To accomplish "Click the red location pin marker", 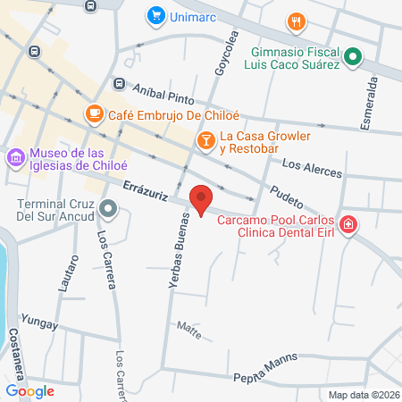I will coord(201,199).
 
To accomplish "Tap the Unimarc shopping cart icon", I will coord(156,15).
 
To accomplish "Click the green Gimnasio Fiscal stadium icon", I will coord(353,58).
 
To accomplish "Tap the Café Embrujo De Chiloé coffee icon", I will coord(93,113).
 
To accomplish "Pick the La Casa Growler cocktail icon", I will coord(205,139).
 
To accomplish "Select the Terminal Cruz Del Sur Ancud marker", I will coord(109,211).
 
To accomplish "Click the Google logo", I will coord(30,390).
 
